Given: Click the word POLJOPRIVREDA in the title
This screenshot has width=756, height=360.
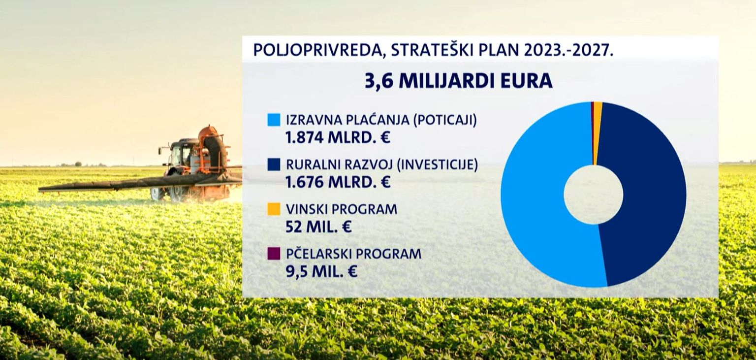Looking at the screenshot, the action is point(317,50).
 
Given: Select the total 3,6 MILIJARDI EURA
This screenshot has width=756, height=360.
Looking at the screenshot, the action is point(458,81).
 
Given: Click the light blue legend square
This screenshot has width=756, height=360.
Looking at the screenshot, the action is point(274,120).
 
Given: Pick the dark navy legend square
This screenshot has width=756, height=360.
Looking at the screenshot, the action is point(274,164).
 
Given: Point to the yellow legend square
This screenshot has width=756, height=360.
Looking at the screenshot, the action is point(274,209).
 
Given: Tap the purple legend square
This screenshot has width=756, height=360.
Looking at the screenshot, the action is point(274,254).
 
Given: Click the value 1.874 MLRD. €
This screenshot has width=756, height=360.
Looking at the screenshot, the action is point(338,138).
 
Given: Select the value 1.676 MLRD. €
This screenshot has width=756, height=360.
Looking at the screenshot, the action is point(338,182).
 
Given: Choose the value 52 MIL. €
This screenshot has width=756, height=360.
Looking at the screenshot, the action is point(318,227).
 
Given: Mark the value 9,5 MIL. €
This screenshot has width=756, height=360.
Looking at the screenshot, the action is point(321,271).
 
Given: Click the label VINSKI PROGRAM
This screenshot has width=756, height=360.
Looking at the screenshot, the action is point(342,209).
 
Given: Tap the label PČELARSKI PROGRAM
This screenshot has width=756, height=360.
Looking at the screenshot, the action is point(354,253).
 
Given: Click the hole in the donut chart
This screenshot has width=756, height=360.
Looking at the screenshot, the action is point(593,195).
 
